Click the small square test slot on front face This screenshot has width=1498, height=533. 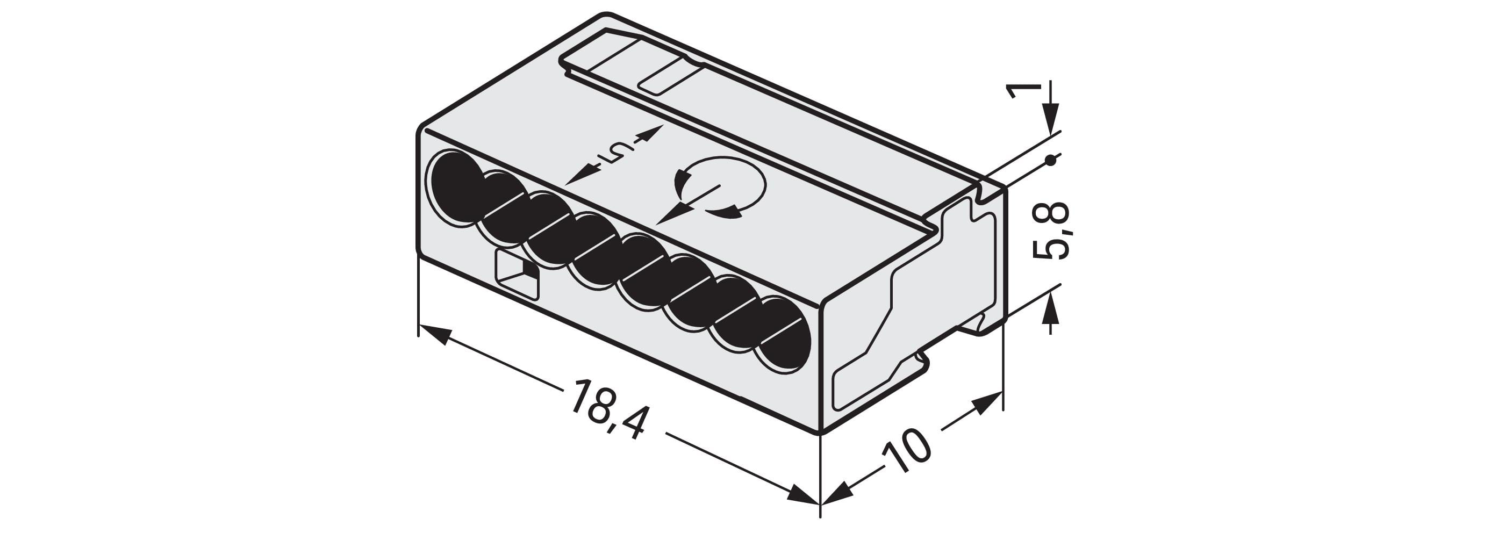(517, 275)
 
